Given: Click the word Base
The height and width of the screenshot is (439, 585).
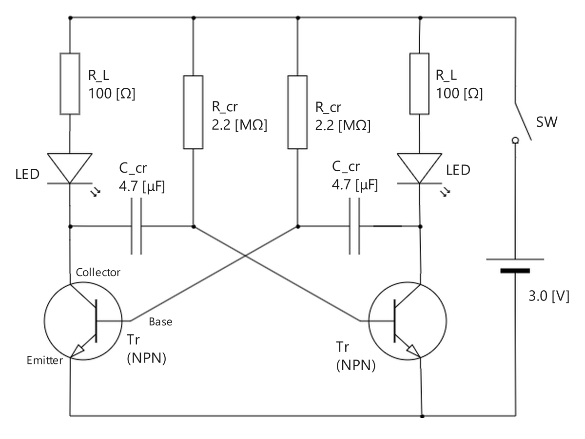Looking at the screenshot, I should click(x=160, y=322).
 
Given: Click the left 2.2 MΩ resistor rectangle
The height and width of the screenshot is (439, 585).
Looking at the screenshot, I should click(x=193, y=112).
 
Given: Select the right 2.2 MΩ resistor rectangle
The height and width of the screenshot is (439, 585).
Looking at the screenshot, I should click(x=297, y=112).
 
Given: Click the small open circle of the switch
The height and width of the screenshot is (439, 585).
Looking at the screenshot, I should click(x=515, y=141).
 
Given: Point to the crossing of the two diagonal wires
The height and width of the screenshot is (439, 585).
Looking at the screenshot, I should click(x=245, y=257).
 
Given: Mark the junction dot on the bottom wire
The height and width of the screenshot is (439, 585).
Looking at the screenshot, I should click(x=422, y=416).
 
